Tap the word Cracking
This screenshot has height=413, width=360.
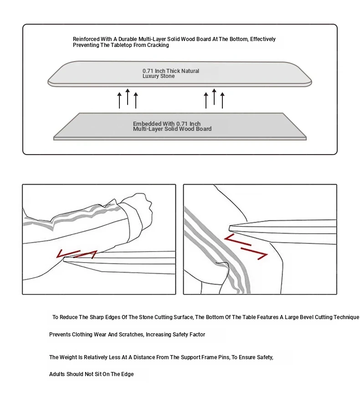point(158,46)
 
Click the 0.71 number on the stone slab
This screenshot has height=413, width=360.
point(148,71)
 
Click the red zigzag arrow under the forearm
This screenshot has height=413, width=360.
point(77,254)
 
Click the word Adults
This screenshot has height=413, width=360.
point(58,374)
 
